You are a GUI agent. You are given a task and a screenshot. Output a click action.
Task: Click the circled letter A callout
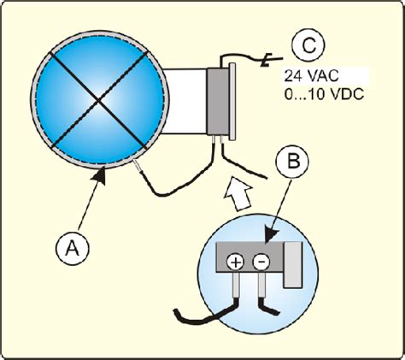73,249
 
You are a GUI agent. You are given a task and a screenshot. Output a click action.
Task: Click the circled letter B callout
292,162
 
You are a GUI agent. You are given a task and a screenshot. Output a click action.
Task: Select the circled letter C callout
308,45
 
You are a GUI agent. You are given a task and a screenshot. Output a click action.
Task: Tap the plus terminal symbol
235,262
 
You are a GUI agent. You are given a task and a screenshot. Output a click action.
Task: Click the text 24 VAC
311,76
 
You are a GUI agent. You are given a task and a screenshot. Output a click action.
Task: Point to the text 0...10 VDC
324,94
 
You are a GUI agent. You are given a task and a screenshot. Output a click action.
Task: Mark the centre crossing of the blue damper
99,100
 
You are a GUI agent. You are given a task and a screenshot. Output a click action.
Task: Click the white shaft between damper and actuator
185,101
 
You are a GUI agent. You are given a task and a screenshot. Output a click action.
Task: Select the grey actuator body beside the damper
218,101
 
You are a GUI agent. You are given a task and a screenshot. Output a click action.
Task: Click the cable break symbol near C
267,61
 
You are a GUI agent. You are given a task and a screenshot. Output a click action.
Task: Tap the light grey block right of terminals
292,264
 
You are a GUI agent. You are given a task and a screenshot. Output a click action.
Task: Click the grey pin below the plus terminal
236,285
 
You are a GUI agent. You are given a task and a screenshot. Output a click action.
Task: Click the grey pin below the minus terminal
261,285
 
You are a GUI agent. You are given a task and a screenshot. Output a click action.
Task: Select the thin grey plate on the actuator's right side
232,102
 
